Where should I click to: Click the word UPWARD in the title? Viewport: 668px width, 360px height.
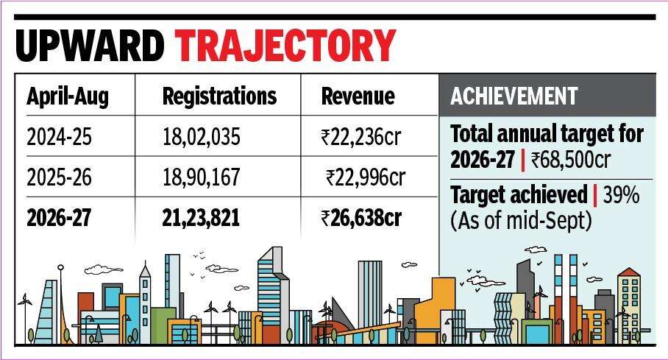click(90, 45)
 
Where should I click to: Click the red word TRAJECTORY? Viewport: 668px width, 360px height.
click(285, 45)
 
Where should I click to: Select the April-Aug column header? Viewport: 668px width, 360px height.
click(68, 97)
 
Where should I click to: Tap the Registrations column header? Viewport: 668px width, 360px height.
click(219, 96)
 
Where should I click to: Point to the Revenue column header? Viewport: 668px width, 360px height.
click(358, 96)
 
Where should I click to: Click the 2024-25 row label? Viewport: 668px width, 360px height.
click(59, 138)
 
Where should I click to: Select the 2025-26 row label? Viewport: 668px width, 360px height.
click(59, 177)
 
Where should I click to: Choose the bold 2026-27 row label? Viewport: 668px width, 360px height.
click(59, 217)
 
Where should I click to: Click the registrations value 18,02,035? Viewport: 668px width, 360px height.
click(202, 138)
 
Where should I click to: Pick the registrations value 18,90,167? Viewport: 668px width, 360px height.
click(202, 177)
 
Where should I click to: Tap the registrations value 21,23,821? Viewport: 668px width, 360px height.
click(201, 217)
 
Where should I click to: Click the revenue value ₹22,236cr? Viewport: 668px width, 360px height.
click(361, 138)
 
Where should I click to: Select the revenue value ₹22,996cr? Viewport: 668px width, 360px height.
click(366, 177)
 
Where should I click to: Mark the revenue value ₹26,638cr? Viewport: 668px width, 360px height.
click(361, 217)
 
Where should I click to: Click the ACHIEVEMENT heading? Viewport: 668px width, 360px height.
click(514, 96)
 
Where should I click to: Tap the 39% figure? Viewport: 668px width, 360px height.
click(621, 195)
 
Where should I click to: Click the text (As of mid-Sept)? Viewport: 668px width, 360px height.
click(521, 221)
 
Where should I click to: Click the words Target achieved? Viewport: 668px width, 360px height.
click(519, 196)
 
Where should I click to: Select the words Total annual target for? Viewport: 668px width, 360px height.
click(547, 134)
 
